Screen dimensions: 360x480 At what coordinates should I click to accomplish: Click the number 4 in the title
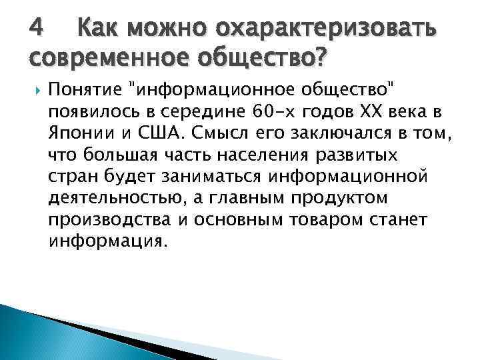(x=38, y=28)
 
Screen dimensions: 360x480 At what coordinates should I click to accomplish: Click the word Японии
(x=77, y=132)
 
